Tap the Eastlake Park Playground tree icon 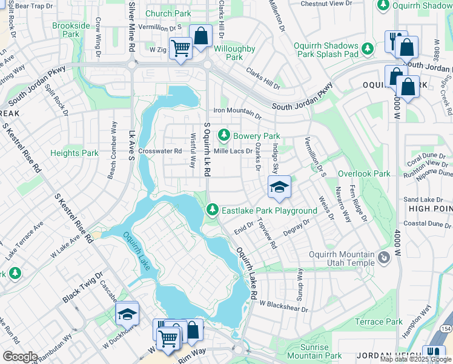tap(211, 210)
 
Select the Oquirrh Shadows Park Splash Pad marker tap(367, 48)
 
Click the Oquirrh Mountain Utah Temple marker tap(383, 259)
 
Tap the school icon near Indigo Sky tap(279, 187)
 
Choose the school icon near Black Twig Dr tap(127, 314)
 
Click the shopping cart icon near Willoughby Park tap(180, 48)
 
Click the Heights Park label tap(74, 153)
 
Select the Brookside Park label tap(71, 30)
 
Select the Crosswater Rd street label tap(160, 151)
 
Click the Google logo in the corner tap(20, 357)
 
